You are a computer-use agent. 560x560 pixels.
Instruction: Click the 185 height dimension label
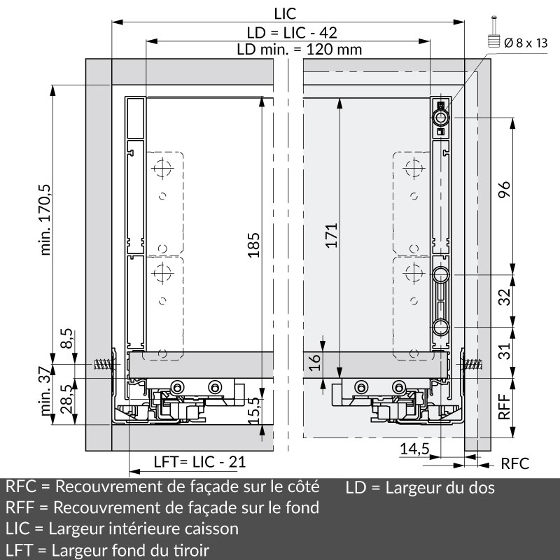click(253, 245)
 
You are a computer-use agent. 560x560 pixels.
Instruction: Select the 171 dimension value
click(331, 235)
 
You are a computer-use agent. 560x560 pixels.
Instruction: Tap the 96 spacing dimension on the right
click(505, 190)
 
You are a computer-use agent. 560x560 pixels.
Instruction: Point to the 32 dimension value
click(505, 297)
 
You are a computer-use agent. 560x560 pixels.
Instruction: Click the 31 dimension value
click(505, 351)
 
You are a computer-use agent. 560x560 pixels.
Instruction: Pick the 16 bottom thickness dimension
click(315, 363)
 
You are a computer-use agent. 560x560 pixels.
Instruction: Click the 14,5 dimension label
click(414, 449)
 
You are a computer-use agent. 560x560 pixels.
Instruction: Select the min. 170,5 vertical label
click(45, 220)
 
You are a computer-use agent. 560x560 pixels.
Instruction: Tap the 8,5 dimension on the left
click(66, 338)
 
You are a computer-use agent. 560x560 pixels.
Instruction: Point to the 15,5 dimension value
click(253, 411)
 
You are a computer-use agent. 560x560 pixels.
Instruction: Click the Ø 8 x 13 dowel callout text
click(526, 43)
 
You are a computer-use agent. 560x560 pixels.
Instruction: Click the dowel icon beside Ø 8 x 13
click(494, 31)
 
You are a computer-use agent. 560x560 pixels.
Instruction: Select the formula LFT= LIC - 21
click(200, 462)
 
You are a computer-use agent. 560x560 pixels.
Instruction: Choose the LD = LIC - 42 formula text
click(292, 33)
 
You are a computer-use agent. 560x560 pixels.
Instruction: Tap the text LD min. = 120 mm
click(300, 49)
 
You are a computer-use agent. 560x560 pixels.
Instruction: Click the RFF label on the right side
click(504, 407)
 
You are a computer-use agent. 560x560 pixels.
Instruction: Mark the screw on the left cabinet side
click(104, 364)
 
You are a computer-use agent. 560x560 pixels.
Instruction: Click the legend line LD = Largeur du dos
click(420, 488)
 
